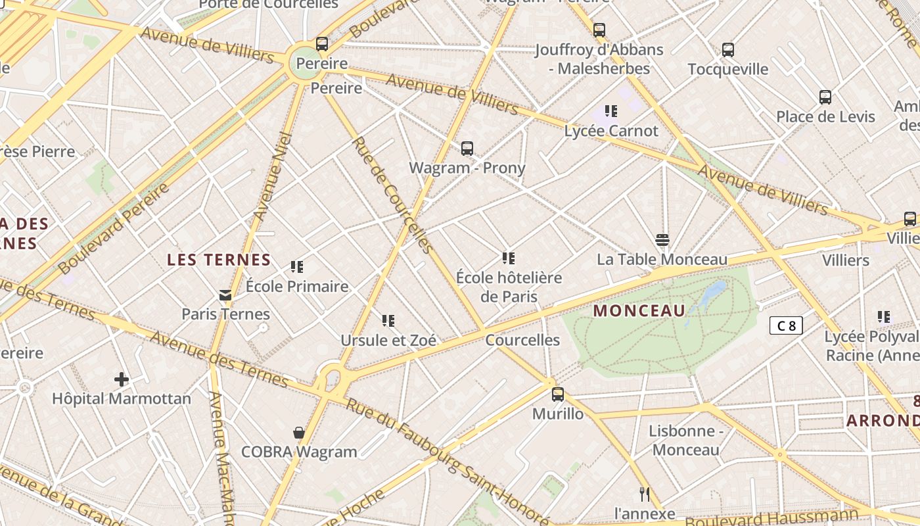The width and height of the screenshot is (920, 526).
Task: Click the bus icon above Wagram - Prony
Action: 467,149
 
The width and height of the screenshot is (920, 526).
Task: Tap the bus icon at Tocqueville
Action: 728,50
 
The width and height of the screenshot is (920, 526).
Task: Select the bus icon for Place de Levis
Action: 825,97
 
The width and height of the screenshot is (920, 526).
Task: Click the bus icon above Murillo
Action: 558,394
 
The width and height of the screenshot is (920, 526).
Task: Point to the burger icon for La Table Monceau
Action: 662,240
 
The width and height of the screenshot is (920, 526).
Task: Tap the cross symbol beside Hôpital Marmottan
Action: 122,379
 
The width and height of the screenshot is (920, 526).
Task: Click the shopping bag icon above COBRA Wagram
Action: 299,433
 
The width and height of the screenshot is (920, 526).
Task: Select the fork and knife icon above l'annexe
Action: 645,494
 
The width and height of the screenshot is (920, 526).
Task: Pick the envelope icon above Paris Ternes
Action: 225,295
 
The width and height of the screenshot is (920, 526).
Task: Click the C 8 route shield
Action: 786,325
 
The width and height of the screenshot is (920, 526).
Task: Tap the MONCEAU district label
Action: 639,311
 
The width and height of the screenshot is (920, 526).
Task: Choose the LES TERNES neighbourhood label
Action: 219,260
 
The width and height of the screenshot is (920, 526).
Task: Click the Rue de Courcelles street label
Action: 393,195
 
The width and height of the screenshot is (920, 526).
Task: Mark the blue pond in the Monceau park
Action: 714,293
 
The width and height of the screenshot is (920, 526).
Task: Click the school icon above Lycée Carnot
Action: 611,111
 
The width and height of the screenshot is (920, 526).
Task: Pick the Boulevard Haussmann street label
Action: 771,518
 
